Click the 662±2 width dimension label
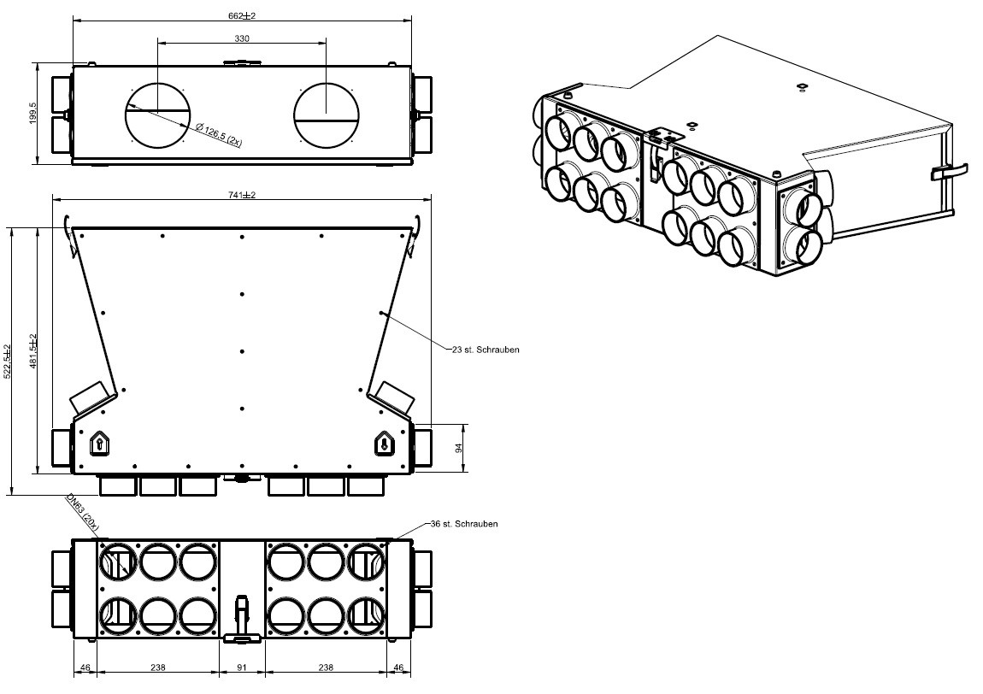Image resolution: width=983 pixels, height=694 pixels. [242, 15]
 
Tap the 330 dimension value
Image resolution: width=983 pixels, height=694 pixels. [242, 38]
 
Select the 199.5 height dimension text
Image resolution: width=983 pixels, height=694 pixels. [33, 114]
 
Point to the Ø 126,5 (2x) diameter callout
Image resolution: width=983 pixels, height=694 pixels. [218, 135]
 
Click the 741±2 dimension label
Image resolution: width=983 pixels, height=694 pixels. [242, 195]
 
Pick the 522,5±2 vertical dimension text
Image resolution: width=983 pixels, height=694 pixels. [8, 362]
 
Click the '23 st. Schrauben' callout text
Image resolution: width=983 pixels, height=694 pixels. [486, 350]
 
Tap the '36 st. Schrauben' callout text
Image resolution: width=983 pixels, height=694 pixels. [464, 523]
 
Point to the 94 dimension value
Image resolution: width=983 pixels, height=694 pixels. [458, 448]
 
